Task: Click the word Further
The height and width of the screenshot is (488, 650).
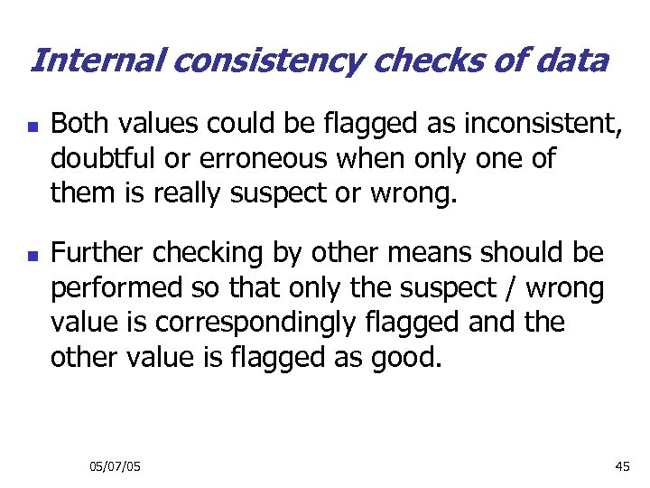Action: pyautogui.click(x=97, y=255)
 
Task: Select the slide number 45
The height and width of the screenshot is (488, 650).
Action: pyautogui.click(x=622, y=466)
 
